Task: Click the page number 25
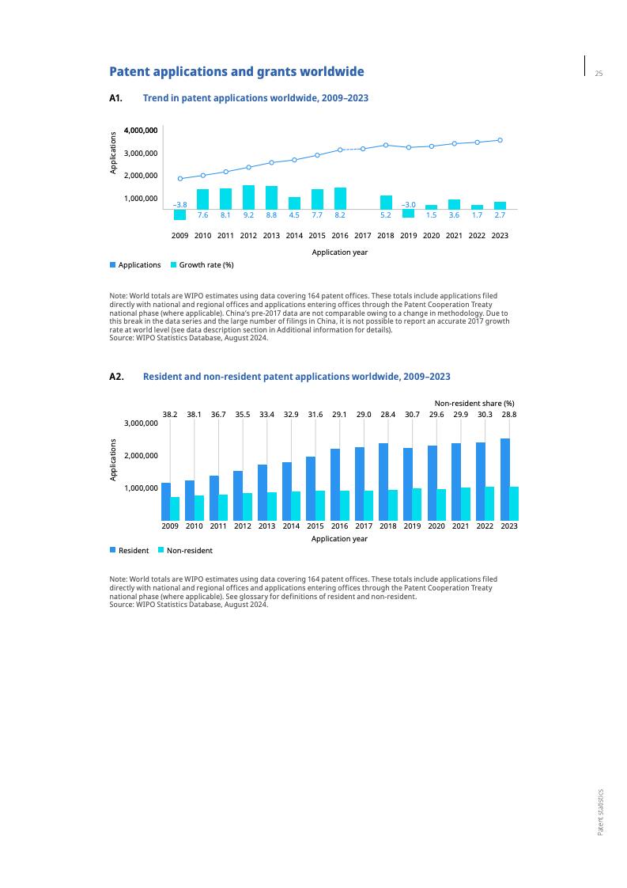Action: (x=599, y=74)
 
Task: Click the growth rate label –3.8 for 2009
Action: (x=179, y=205)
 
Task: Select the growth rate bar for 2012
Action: (x=248, y=197)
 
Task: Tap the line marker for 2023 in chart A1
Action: (x=500, y=140)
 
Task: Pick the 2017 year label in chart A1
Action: (x=363, y=236)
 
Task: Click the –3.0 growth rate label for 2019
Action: (x=408, y=205)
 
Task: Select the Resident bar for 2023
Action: (x=504, y=479)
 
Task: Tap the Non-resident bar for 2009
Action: (x=175, y=508)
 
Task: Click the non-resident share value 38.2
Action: (x=170, y=414)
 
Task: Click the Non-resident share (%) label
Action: (x=474, y=403)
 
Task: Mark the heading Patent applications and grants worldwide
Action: (x=236, y=72)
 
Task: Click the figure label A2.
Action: (x=116, y=377)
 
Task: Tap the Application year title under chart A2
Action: (x=339, y=539)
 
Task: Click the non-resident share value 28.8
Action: (x=509, y=414)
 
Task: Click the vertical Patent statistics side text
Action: (x=600, y=811)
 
